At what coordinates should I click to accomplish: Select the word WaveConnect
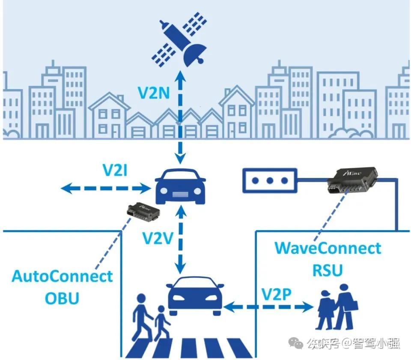pyautogui.click(x=328, y=248)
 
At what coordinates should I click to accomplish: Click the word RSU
pyautogui.click(x=328, y=270)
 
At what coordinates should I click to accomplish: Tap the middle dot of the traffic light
pyautogui.click(x=269, y=180)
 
